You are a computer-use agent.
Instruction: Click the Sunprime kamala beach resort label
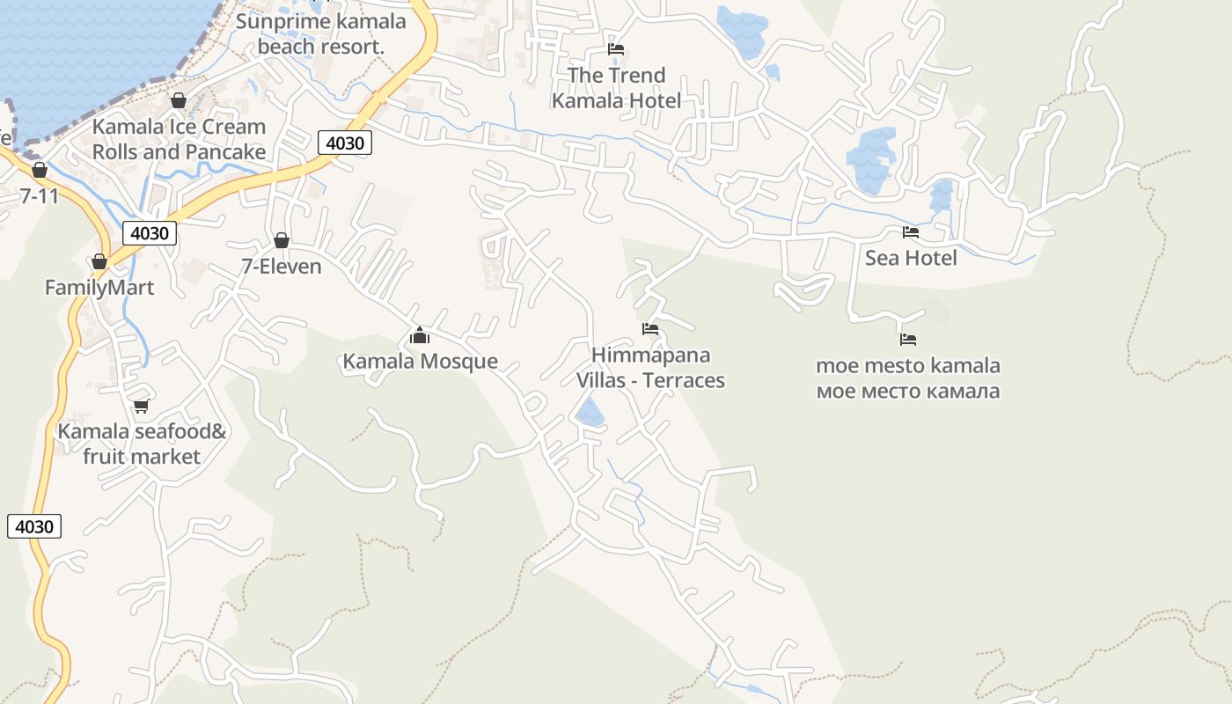click(x=321, y=33)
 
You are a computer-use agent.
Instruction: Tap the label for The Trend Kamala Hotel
click(x=616, y=88)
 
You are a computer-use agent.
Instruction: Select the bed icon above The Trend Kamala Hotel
click(x=616, y=49)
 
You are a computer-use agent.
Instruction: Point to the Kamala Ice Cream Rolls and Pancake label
click(x=179, y=139)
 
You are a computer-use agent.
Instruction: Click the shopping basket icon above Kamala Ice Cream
click(x=179, y=100)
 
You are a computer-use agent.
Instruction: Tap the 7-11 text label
click(x=40, y=195)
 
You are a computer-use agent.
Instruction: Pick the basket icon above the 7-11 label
click(x=40, y=169)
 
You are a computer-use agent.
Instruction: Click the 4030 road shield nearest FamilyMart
click(x=150, y=233)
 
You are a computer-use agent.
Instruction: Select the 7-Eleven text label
click(x=282, y=266)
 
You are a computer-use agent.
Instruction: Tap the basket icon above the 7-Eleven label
click(x=282, y=240)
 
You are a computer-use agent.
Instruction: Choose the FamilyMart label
click(x=99, y=288)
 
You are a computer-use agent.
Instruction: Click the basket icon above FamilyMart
click(x=99, y=261)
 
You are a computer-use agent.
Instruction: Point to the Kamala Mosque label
click(x=420, y=361)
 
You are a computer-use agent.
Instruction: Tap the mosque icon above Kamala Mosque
click(x=420, y=335)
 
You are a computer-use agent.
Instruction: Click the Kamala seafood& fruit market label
click(x=142, y=444)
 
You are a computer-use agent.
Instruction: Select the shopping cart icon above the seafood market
click(x=141, y=406)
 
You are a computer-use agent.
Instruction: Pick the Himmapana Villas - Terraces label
click(x=650, y=367)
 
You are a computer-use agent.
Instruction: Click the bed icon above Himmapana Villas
click(x=650, y=329)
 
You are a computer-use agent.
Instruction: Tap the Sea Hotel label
click(x=911, y=258)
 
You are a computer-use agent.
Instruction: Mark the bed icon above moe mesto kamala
click(x=908, y=339)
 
